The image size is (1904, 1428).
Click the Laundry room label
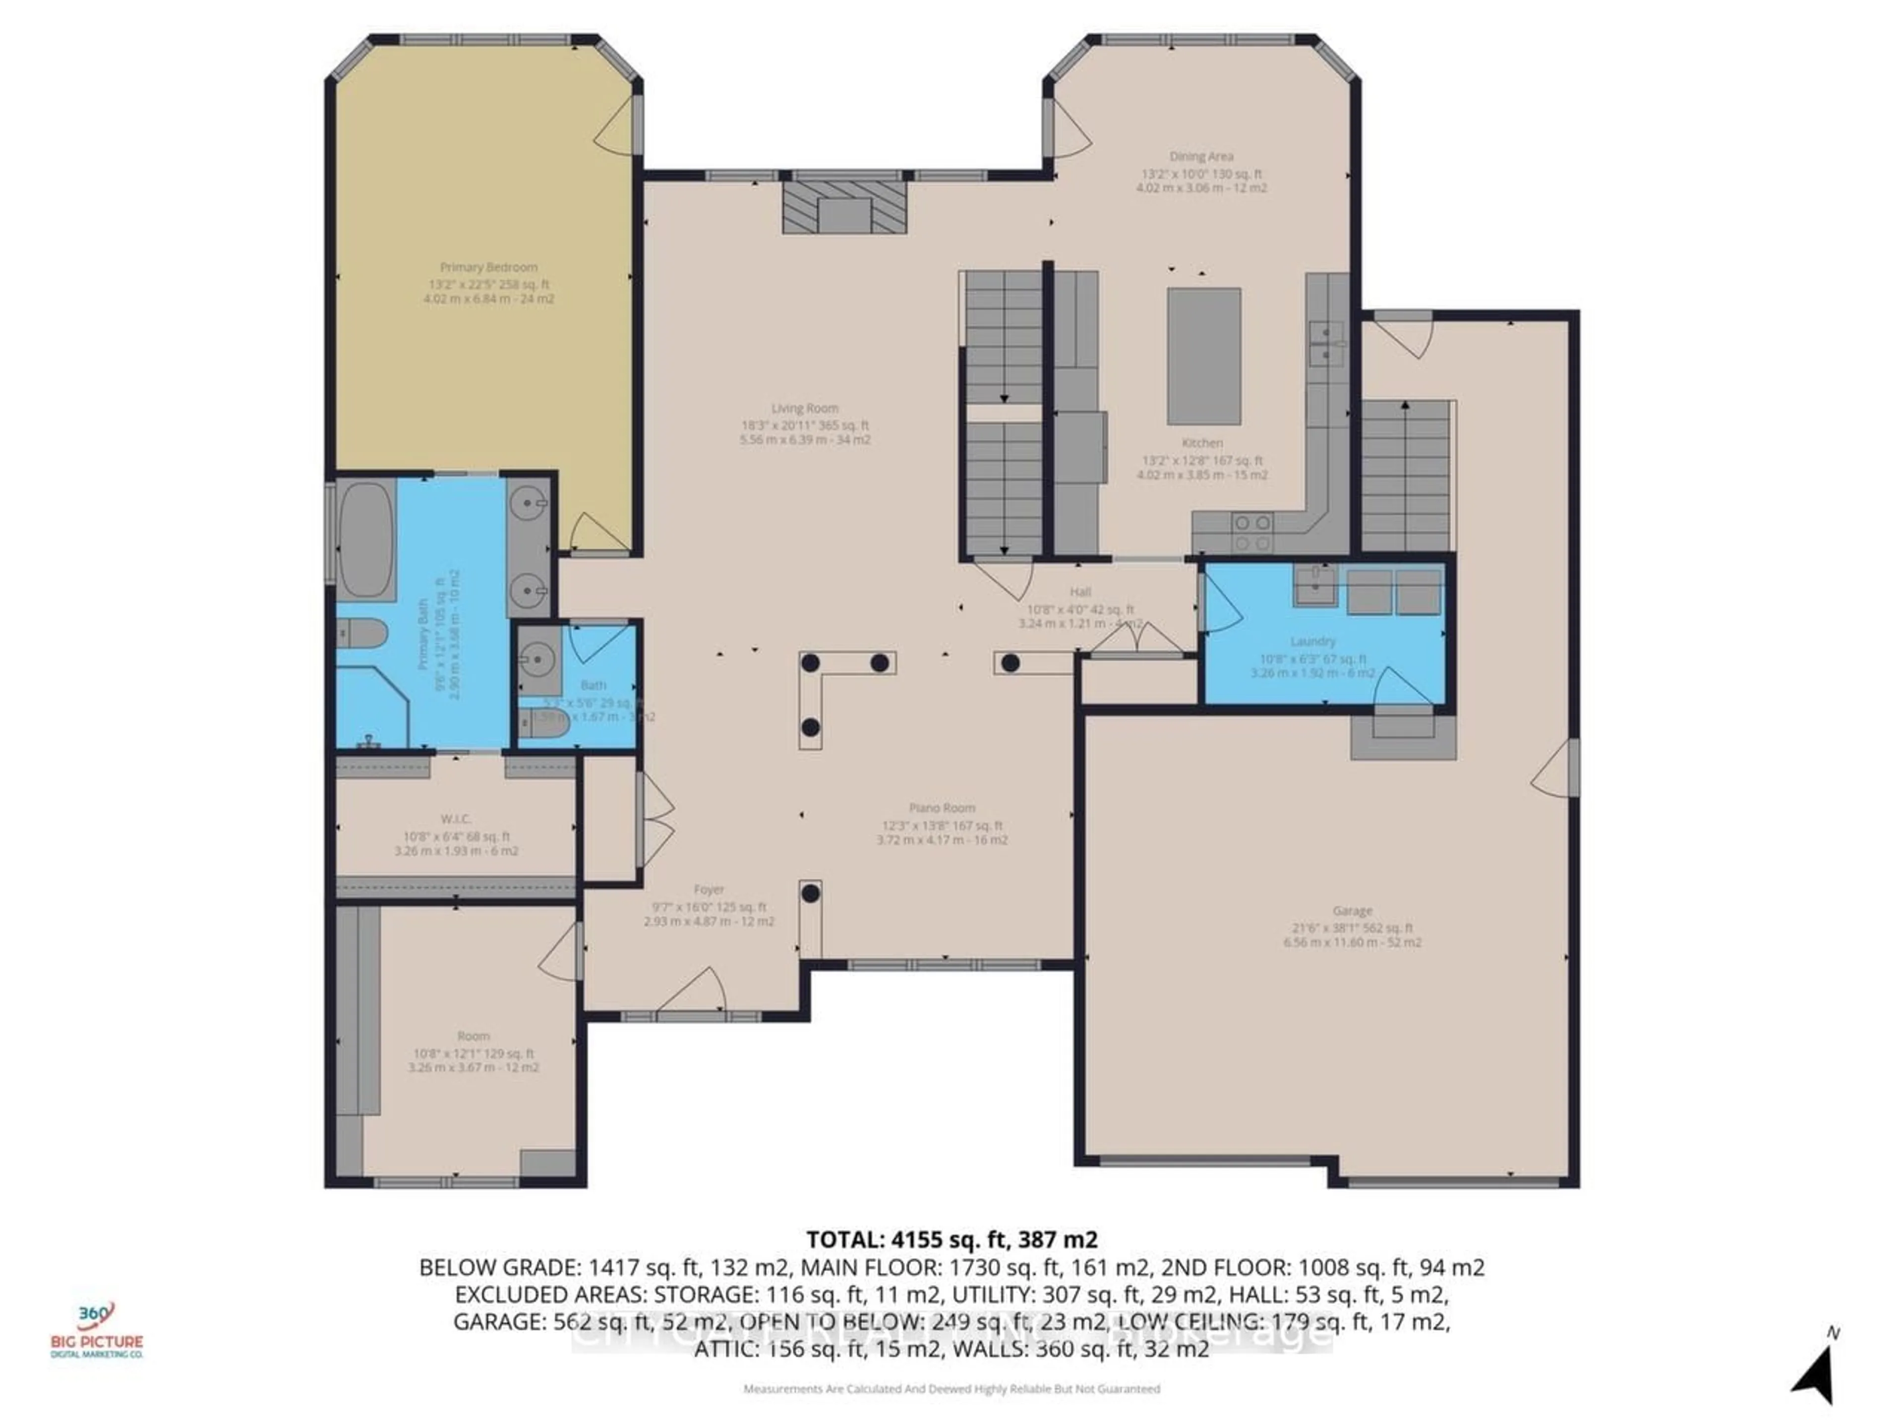click(1312, 641)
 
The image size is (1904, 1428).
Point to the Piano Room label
click(942, 808)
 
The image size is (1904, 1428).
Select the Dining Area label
click(1201, 157)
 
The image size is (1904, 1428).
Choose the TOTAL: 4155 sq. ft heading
click(951, 1240)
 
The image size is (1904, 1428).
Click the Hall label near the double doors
click(1080, 592)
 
